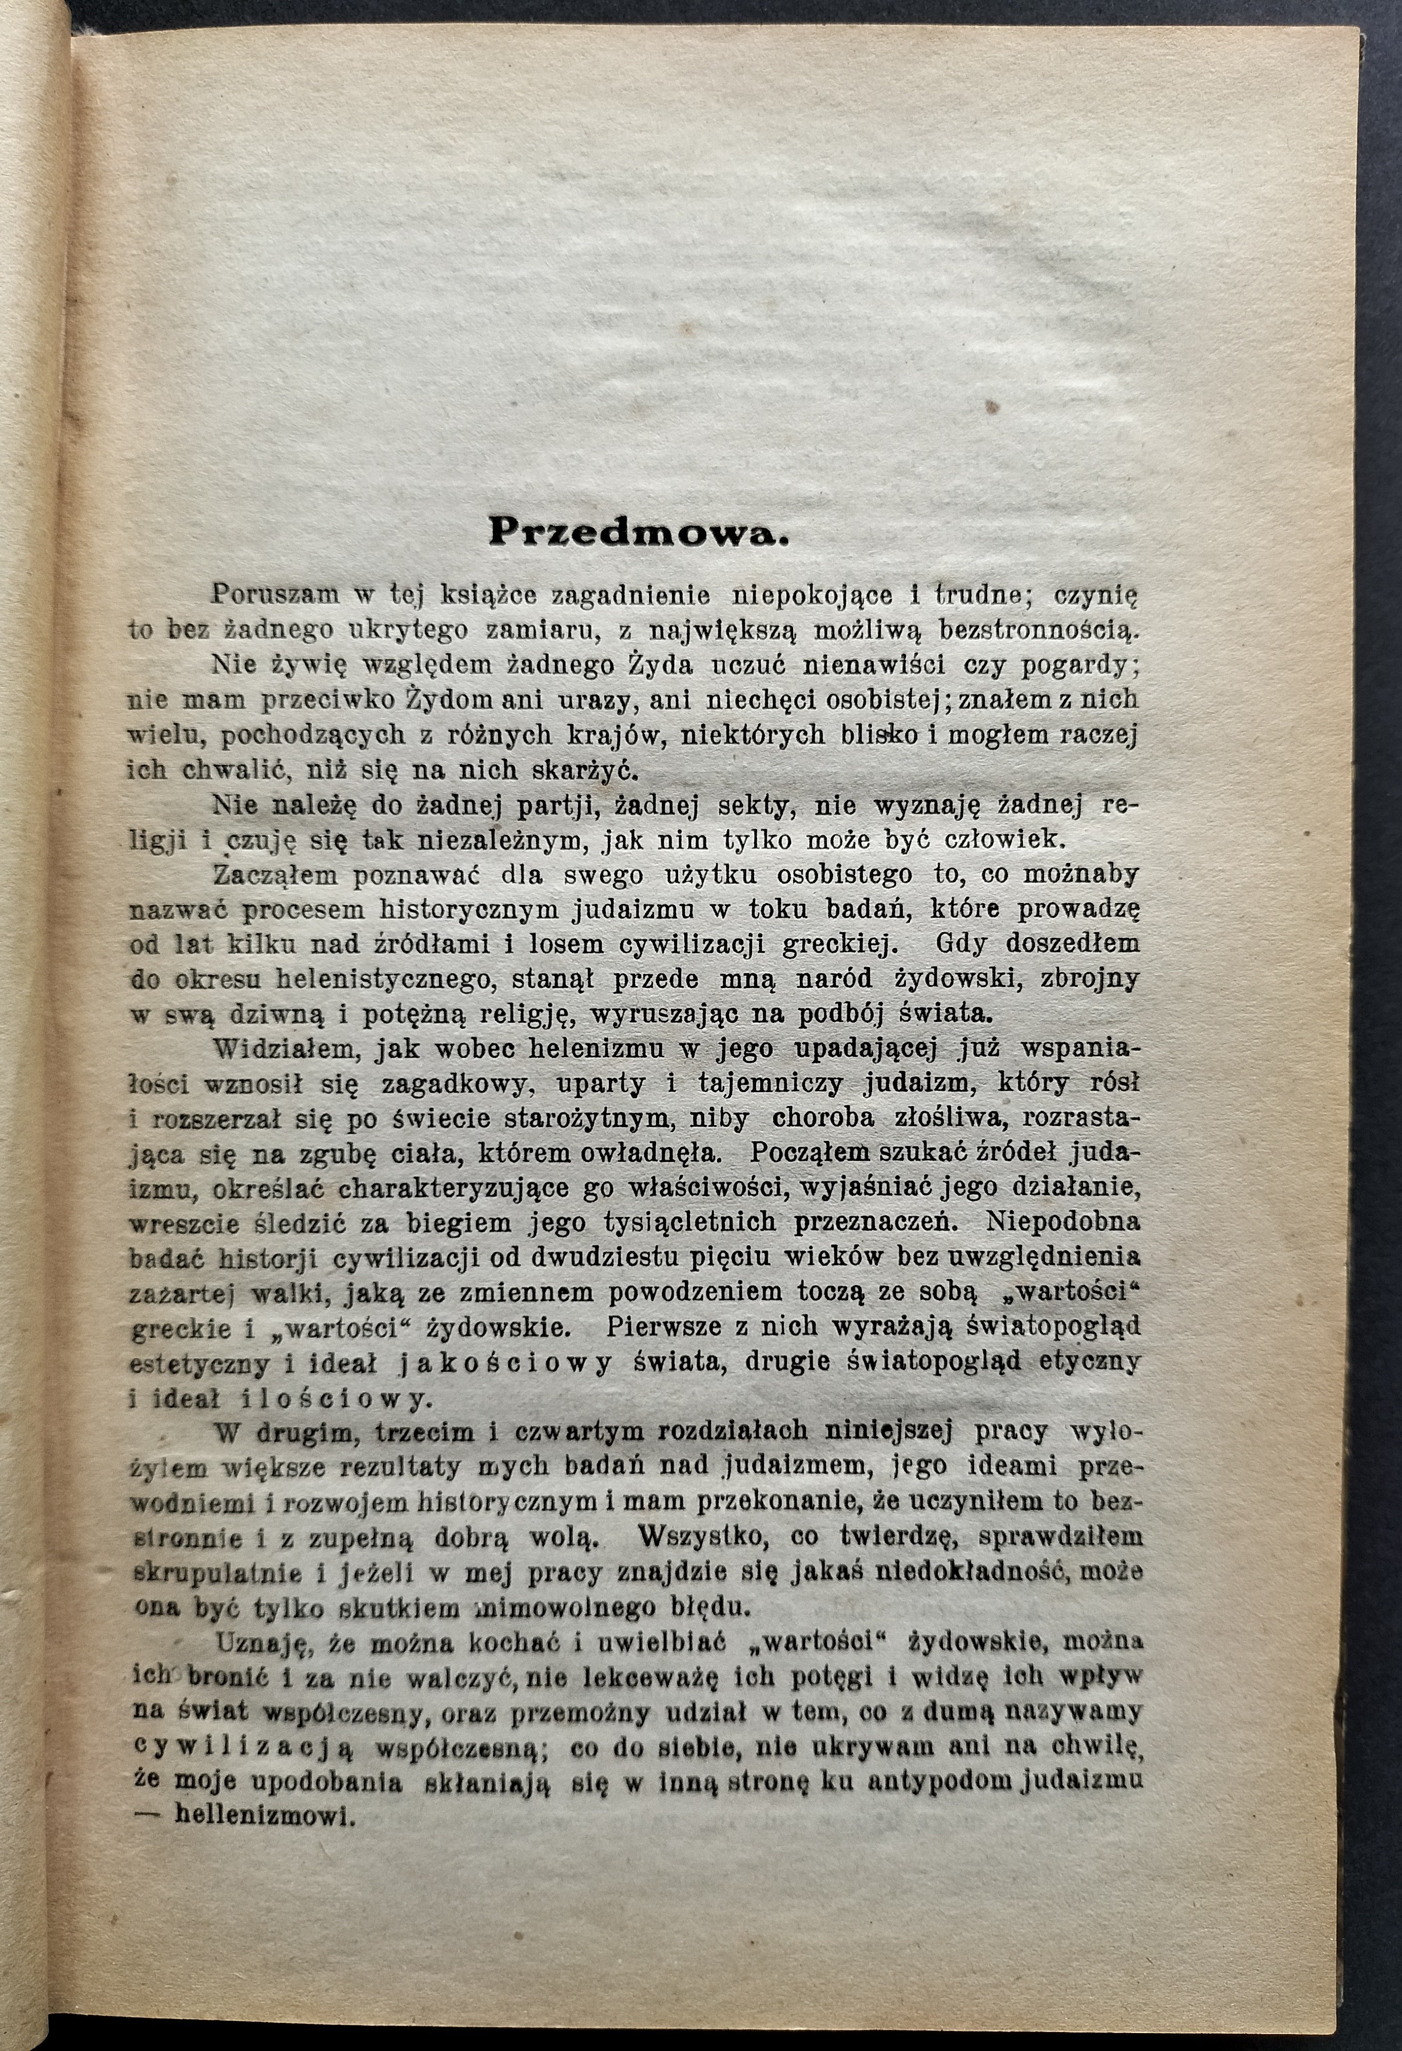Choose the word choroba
823,1118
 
